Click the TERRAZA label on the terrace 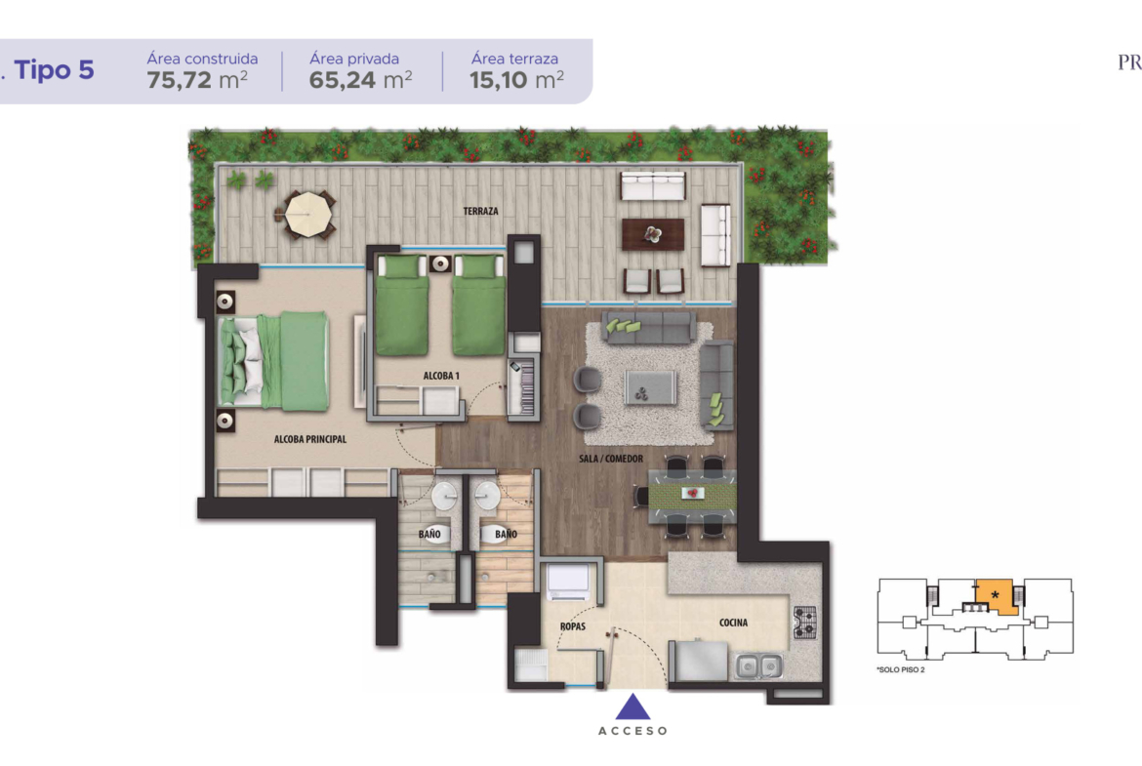click(x=480, y=211)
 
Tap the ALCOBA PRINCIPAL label click(x=310, y=439)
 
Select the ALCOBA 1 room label click(x=441, y=376)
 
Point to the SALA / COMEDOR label click(x=611, y=459)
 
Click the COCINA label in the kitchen click(x=733, y=623)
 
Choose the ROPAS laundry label click(x=572, y=626)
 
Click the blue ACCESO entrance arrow click(x=632, y=706)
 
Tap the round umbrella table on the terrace click(x=308, y=214)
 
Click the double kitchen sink click(x=758, y=665)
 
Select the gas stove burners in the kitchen click(x=805, y=623)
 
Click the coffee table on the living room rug click(x=650, y=386)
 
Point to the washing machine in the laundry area click(x=568, y=582)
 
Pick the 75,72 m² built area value click(x=197, y=79)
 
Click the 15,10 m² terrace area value click(x=516, y=79)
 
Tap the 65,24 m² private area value click(x=360, y=79)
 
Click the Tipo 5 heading click(x=54, y=70)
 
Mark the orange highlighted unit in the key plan click(x=996, y=597)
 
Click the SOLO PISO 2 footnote click(x=901, y=670)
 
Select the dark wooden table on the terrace click(x=653, y=234)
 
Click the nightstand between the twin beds click(x=440, y=263)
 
